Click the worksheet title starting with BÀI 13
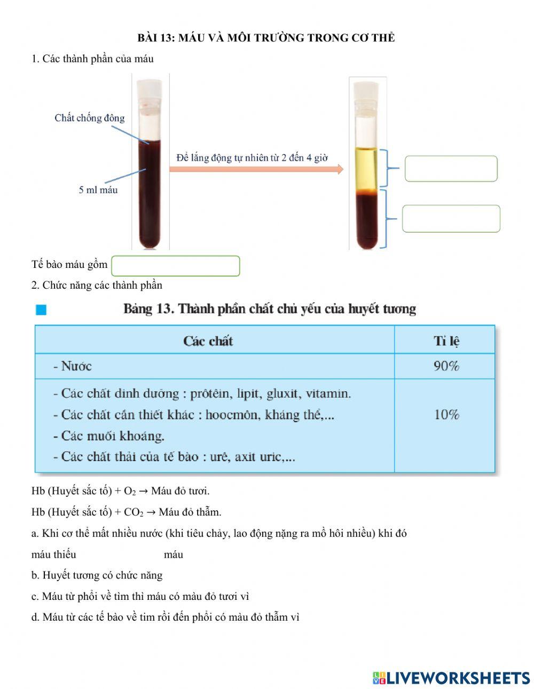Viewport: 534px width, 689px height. coord(266,38)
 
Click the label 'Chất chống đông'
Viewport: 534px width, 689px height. coord(89,118)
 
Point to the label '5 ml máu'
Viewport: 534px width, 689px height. coord(98,190)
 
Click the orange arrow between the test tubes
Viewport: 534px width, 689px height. coord(256,169)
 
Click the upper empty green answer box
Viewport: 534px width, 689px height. coord(451,169)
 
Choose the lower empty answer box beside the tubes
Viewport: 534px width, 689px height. coord(451,219)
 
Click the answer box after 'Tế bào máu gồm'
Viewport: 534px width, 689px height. coord(176,266)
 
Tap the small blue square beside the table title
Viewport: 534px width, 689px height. coord(41,310)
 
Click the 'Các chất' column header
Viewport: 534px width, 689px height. coord(208,341)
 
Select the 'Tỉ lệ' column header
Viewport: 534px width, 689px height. coord(446,341)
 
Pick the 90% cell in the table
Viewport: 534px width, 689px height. coord(446,366)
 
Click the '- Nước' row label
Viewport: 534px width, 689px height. coord(73,366)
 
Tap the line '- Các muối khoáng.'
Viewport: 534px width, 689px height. coord(109,436)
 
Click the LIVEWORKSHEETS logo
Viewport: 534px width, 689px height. coord(451,678)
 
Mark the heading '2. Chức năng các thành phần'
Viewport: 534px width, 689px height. coord(97,286)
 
